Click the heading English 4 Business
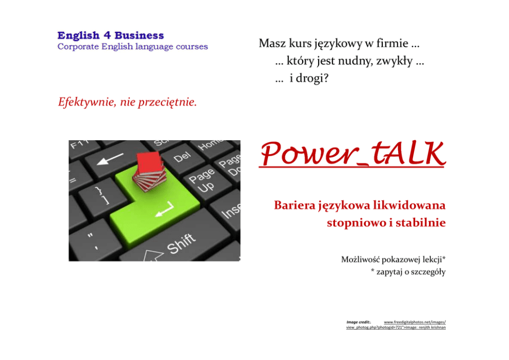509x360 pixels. coord(110,35)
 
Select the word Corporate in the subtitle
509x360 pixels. coord(78,47)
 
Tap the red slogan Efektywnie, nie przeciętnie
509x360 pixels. coord(127,102)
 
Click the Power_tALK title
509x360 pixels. coord(352,154)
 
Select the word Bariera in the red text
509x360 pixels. coord(295,205)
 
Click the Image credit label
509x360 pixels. coord(358,323)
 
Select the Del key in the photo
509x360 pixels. coord(182,157)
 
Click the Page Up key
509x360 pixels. coord(202,181)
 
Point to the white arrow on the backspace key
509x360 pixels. coord(110,159)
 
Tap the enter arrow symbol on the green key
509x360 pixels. coord(165,209)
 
